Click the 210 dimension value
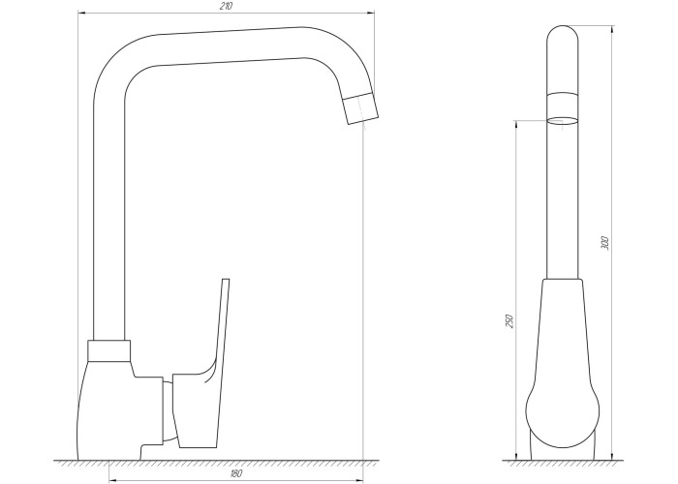tap(226, 7)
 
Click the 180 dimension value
tap(236, 473)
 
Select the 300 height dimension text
tap(605, 243)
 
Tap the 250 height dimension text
tap(509, 321)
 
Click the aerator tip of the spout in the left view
tap(361, 108)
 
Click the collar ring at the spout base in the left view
tap(108, 350)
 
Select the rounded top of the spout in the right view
tap(562, 34)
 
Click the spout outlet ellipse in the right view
tap(562, 121)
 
